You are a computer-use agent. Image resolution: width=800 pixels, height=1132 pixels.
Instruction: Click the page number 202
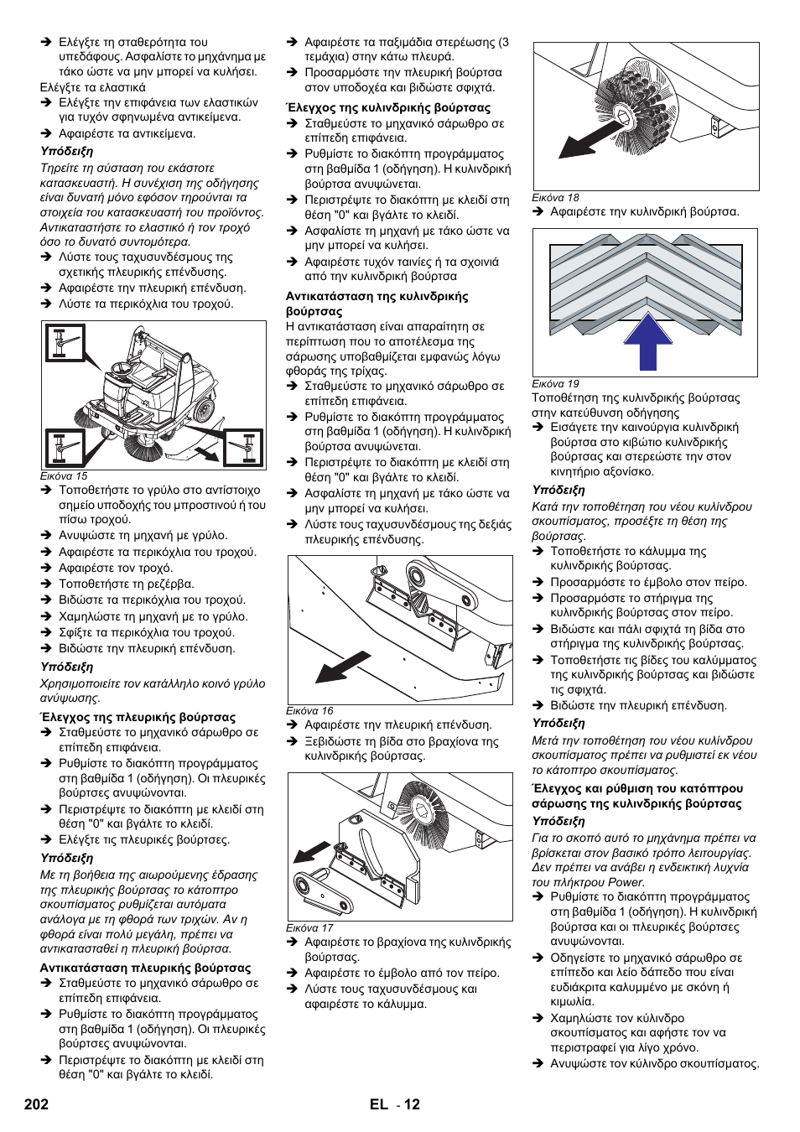pos(36,1104)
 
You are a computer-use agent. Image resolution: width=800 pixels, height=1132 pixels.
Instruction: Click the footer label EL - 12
pos(394,1104)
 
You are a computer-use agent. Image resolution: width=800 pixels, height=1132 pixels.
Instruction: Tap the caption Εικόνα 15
pos(64,475)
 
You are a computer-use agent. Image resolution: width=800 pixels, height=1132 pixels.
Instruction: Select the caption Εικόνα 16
pos(309,710)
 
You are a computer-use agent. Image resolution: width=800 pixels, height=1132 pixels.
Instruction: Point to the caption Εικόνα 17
pos(309,927)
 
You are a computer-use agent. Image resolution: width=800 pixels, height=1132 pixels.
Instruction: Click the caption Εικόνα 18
pos(555,198)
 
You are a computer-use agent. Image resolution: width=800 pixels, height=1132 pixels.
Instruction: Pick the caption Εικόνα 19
pos(555,383)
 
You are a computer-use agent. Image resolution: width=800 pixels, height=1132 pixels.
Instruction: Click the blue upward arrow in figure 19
pos(647,341)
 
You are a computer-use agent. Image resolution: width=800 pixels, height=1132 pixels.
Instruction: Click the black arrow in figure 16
pos(343,666)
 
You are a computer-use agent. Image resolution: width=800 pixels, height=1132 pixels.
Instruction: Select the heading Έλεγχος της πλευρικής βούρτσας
pos(138,717)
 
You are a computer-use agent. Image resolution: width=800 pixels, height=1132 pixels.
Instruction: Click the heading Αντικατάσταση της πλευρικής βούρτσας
pos(146,968)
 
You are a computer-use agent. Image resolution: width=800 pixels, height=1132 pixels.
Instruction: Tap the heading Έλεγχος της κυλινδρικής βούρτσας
pos(388,107)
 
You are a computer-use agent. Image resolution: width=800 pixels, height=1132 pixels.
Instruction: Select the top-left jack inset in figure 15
pos(65,343)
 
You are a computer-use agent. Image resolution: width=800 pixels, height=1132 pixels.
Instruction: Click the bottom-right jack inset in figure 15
pos(243,448)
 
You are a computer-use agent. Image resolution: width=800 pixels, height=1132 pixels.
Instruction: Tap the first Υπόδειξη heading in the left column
pos(67,151)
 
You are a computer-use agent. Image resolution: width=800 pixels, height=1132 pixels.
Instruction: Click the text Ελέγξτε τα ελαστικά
pos(93,87)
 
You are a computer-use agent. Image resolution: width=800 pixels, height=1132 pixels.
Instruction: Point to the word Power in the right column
pos(626,882)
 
